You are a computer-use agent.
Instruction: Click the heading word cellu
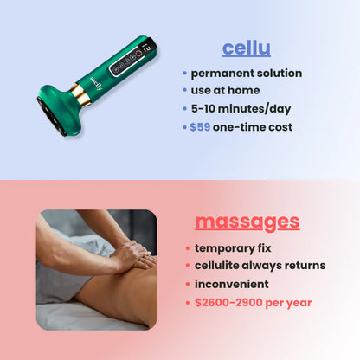pos(246,48)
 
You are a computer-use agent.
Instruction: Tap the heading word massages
pos(247,221)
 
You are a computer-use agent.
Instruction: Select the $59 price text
pos(201,126)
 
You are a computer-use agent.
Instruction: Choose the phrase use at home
pos(225,90)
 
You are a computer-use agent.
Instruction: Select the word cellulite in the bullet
pos(222,266)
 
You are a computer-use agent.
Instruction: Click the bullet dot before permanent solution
pos(184,73)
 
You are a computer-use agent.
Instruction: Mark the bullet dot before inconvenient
pos(187,285)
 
